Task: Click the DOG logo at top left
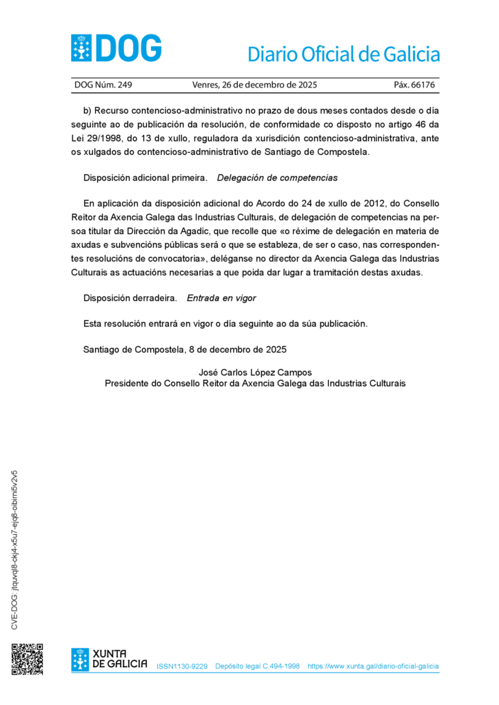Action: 116,48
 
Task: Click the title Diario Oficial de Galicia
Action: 343,54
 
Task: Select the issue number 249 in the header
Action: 125,85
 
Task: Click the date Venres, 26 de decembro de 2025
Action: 254,85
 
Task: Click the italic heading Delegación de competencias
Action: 277,178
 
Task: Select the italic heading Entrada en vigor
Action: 221,298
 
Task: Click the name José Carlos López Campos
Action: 255,372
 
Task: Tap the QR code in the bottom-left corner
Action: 27,659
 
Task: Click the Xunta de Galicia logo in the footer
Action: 109,659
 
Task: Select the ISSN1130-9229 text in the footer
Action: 182,666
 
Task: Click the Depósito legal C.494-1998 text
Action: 257,666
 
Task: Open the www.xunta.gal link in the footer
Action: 373,666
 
